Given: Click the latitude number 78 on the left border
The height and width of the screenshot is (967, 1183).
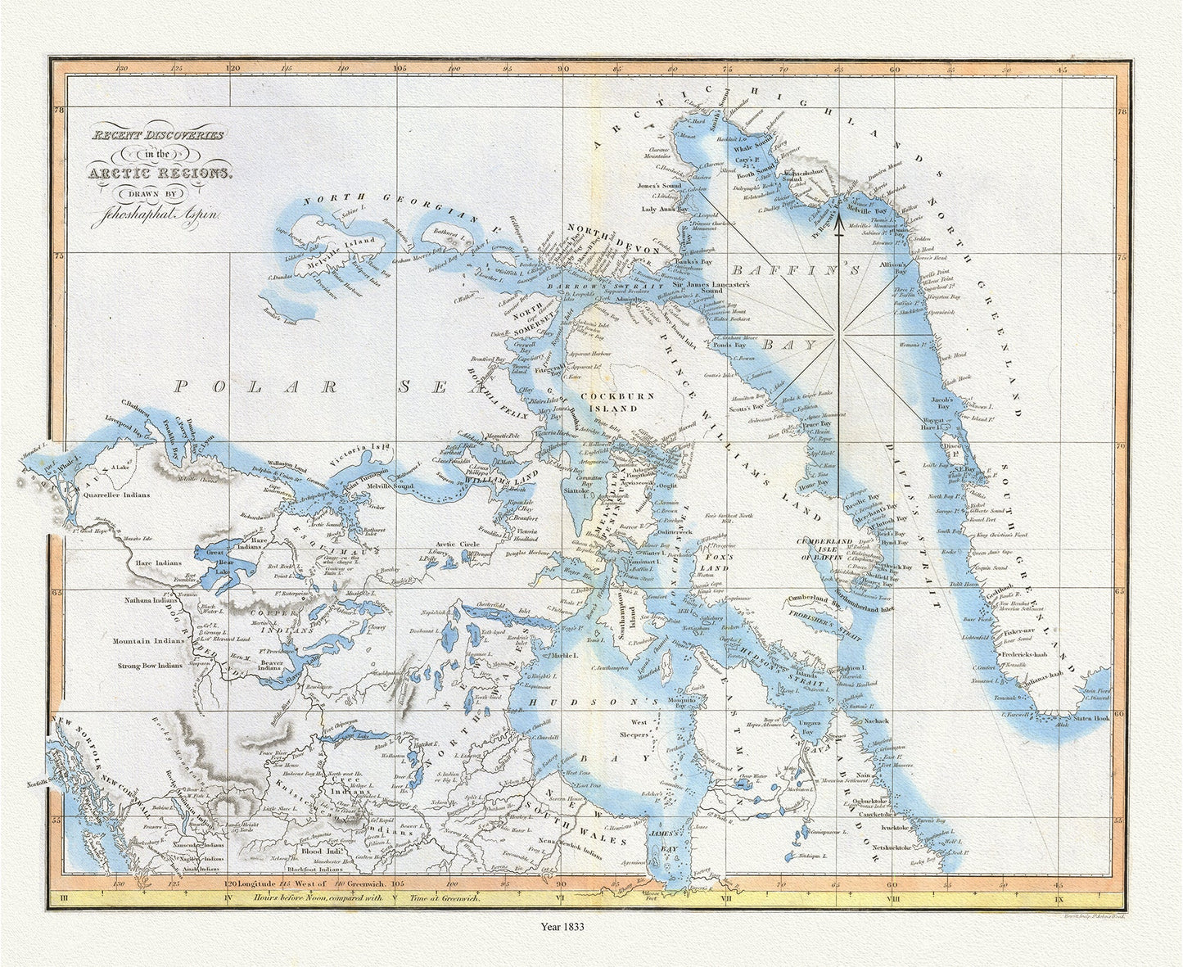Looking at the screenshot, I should (58, 109).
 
